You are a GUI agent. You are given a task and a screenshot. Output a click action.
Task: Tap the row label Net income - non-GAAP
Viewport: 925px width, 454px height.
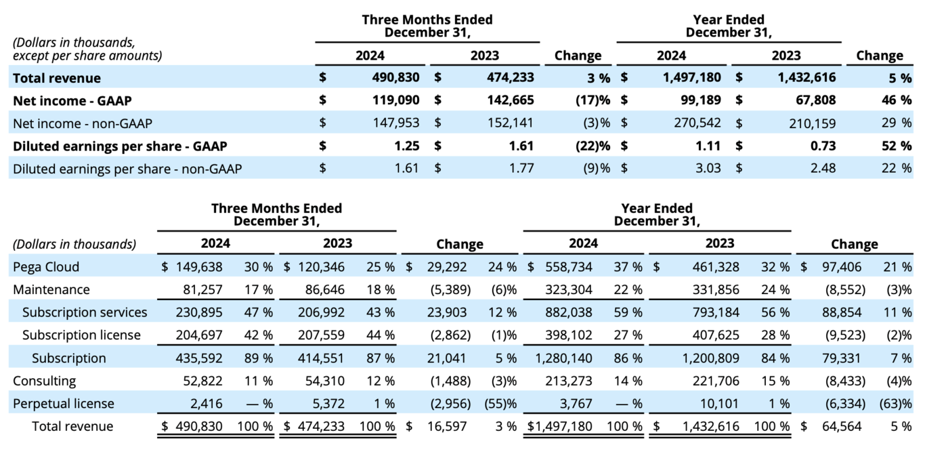click(x=83, y=123)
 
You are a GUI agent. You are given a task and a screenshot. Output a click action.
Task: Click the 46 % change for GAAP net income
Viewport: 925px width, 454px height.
click(x=897, y=100)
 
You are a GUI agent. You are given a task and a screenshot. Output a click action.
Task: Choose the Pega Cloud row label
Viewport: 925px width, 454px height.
click(x=46, y=267)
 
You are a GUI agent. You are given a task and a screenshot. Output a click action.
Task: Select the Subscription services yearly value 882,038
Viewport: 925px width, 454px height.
click(x=567, y=312)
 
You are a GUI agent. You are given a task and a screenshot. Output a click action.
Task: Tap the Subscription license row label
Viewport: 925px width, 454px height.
click(x=81, y=335)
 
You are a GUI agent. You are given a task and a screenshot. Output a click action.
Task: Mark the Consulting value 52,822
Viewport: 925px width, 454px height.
click(x=200, y=381)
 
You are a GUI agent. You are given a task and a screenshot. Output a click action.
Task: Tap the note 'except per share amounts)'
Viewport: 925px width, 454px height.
click(x=87, y=56)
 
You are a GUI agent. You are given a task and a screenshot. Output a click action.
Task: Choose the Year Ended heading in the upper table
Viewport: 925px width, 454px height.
click(x=728, y=20)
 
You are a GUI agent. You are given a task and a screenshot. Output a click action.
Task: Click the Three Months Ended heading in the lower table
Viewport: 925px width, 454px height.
click(x=276, y=208)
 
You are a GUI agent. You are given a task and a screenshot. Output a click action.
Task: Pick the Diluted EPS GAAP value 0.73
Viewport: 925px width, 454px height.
click(x=822, y=146)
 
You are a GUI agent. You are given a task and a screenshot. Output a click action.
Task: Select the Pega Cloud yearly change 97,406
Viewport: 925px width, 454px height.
click(x=842, y=267)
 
